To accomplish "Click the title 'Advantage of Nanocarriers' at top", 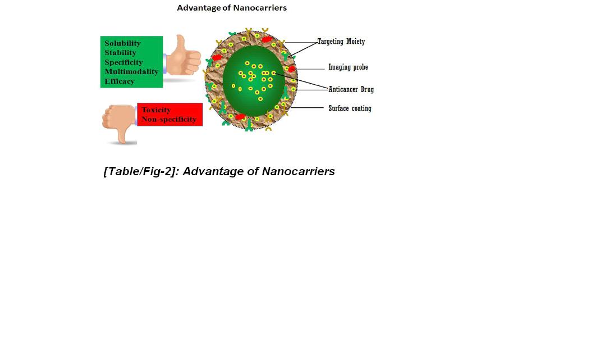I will tap(232, 8).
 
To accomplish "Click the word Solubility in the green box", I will tap(122, 43).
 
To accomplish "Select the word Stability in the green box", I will tap(120, 53).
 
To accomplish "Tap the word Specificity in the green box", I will tap(123, 62).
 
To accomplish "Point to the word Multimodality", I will tap(131, 72).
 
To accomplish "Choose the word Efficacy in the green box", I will tap(120, 81).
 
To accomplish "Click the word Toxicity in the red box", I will tap(156, 110).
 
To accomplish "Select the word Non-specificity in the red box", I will tap(169, 119).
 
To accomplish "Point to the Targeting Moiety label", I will tap(341, 42).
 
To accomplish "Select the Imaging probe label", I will tap(348, 67).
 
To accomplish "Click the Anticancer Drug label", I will tap(351, 89).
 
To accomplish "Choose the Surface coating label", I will tap(350, 108).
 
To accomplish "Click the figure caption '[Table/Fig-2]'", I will tap(140, 171).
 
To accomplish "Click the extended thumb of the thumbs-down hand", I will tap(120, 135).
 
